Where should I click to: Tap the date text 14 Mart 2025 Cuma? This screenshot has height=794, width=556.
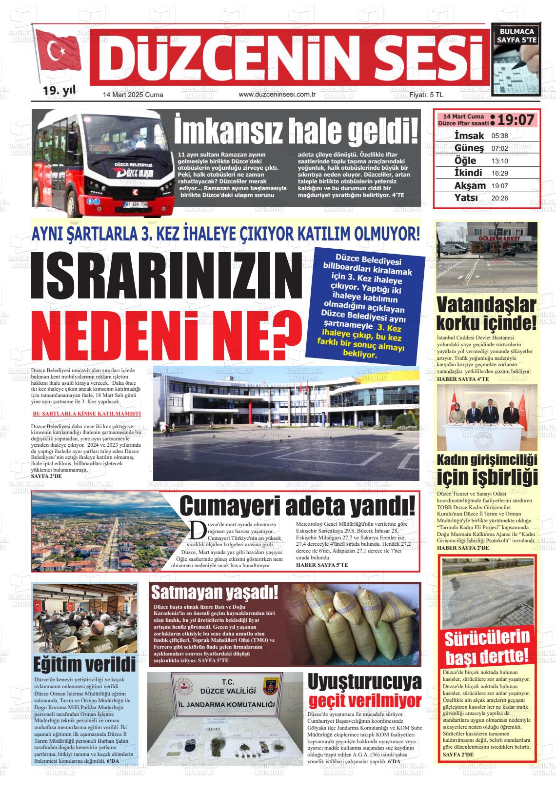pyautogui.click(x=133, y=95)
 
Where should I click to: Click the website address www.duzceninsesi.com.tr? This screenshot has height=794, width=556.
pyautogui.click(x=278, y=94)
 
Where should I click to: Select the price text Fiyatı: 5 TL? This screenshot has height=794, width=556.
pyautogui.click(x=426, y=95)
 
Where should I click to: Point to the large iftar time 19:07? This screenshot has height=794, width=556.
pyautogui.click(x=516, y=119)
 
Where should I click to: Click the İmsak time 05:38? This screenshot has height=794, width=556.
pyautogui.click(x=499, y=136)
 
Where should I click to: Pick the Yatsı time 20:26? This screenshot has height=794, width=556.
pyautogui.click(x=499, y=198)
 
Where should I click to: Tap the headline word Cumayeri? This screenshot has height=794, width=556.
pyautogui.click(x=228, y=505)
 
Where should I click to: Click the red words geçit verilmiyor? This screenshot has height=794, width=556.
pyautogui.click(x=365, y=701)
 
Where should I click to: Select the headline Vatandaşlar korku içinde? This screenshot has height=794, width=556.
pyautogui.click(x=486, y=314)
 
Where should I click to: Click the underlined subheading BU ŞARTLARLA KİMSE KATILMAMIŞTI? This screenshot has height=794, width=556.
pyautogui.click(x=86, y=414)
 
